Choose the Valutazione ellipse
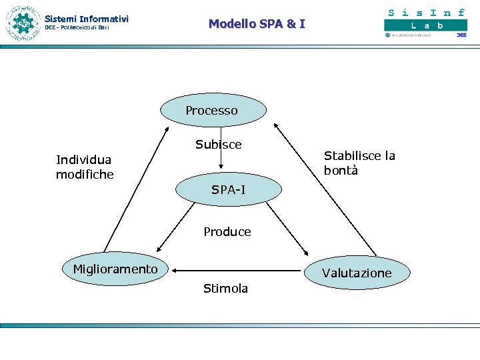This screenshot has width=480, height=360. pos(357,273)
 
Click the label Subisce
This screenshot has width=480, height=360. pos(219,145)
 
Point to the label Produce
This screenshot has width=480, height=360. pos(227,232)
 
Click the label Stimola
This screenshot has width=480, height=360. pos(225,289)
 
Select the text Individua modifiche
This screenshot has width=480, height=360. pos(85,167)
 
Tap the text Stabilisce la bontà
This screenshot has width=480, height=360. pos(359,163)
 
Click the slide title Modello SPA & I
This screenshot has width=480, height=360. pos(257,24)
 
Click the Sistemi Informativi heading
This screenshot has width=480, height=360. pos(87,19)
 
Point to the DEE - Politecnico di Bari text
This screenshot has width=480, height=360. pos(77,28)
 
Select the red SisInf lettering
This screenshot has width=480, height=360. pos(425,12)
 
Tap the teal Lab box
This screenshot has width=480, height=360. pos(425,25)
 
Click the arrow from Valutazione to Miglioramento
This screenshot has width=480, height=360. pos(237,271)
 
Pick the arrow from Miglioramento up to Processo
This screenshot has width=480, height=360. pos(137,187)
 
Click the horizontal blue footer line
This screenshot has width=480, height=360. pos(240,326)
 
